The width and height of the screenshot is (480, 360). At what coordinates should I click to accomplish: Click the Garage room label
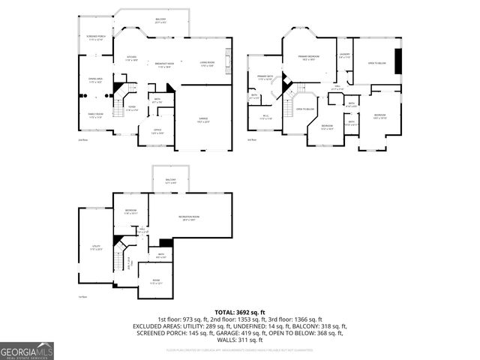point(203,119)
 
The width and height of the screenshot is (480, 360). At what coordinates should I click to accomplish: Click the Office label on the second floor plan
point(157,131)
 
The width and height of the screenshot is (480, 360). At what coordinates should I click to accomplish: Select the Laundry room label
point(344,55)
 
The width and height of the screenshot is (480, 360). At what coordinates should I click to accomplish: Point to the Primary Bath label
point(265,77)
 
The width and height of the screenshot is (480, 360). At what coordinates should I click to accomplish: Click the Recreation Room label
point(193,217)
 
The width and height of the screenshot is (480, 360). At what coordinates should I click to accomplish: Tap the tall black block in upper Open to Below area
point(398,61)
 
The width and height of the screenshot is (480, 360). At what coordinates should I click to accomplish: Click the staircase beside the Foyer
point(118,98)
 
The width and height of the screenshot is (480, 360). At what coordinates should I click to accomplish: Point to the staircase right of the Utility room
point(118,259)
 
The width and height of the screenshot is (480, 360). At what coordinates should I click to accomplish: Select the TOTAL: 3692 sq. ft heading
point(240,312)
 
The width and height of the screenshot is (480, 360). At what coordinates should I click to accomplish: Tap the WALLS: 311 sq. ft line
point(240,340)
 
